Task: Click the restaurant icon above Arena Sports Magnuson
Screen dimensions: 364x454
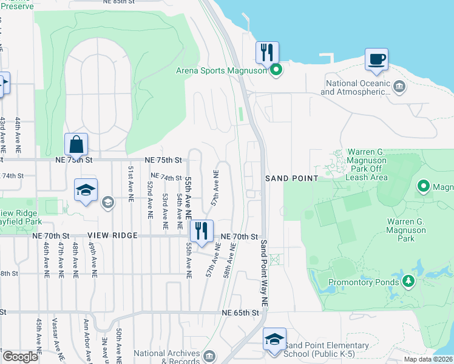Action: click(x=266, y=52)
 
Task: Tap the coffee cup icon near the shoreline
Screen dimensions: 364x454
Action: click(x=376, y=59)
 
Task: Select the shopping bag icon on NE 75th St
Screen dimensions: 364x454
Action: click(x=76, y=144)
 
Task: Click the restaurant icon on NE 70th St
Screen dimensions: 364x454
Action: click(x=201, y=230)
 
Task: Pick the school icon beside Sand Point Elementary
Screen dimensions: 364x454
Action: click(x=274, y=339)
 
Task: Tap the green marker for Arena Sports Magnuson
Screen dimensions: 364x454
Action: click(x=276, y=70)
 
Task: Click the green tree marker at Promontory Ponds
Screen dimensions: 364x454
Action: click(x=408, y=281)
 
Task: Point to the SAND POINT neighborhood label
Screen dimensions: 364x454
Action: click(x=291, y=178)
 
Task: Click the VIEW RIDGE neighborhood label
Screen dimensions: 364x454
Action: click(x=112, y=235)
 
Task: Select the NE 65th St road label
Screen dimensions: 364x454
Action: click(x=240, y=313)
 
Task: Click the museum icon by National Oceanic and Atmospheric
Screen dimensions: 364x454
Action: click(x=399, y=86)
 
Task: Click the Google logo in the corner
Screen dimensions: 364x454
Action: click(x=20, y=357)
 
